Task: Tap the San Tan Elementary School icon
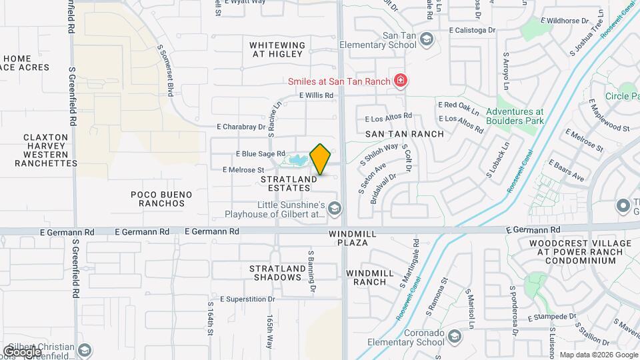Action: [426, 41]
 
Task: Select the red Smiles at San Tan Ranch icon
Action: [401, 81]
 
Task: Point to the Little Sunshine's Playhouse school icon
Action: [334, 209]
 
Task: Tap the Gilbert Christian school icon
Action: [85, 350]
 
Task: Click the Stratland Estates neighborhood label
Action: [286, 183]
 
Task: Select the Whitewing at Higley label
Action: [277, 50]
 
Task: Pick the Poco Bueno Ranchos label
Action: [161, 199]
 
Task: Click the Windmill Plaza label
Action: [349, 239]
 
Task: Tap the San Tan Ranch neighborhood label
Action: [404, 134]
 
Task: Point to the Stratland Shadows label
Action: [277, 273]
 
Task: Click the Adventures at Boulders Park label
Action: [515, 116]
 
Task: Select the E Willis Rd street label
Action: [316, 95]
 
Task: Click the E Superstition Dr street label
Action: [247, 299]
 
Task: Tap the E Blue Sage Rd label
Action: [260, 153]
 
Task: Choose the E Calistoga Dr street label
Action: [473, 30]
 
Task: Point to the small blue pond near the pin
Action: [297, 161]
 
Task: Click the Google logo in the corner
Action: [22, 351]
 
